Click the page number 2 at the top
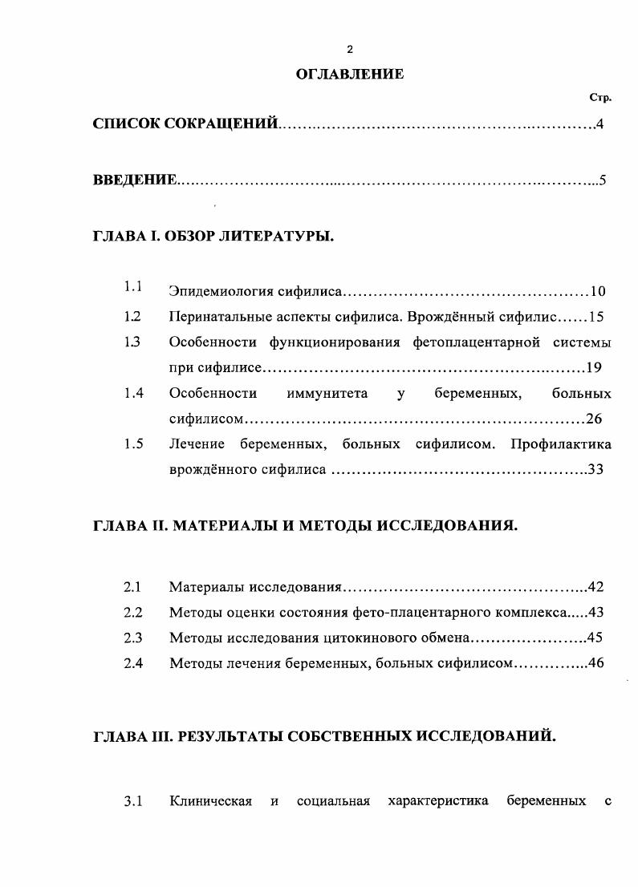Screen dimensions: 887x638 (350, 50)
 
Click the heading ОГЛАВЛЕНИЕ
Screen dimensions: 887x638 (350, 75)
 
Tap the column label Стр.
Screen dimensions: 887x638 (600, 99)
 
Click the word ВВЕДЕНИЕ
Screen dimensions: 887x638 (134, 180)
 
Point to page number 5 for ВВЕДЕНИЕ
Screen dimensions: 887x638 (601, 180)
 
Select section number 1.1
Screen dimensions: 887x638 (133, 286)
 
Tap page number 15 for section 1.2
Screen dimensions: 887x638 (595, 317)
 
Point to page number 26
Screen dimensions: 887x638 (594, 419)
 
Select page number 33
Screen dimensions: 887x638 (595, 470)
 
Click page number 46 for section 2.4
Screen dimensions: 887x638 (595, 663)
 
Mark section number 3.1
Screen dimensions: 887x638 (133, 801)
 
